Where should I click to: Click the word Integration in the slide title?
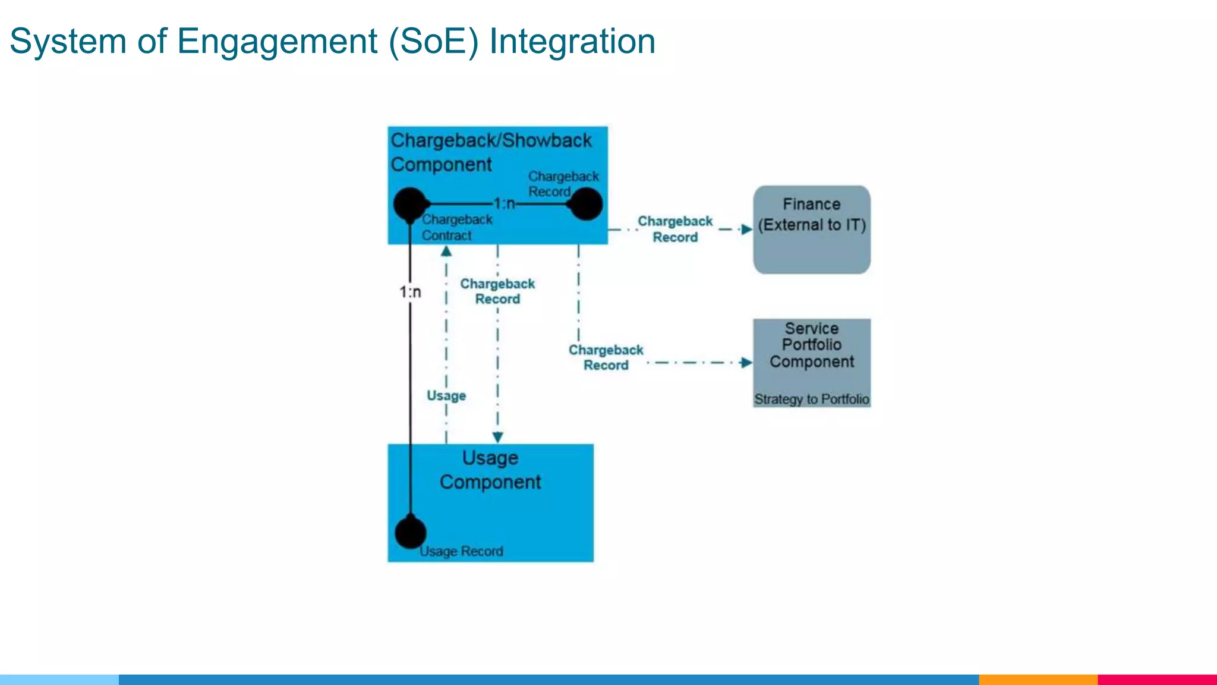click(x=572, y=42)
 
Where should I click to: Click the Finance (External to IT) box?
click(x=812, y=230)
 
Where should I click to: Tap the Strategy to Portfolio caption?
click(x=812, y=399)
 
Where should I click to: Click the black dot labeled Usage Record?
click(x=411, y=532)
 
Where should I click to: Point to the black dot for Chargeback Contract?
click(x=409, y=204)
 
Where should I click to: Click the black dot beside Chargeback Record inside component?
click(x=586, y=204)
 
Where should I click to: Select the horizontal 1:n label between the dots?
click(x=505, y=204)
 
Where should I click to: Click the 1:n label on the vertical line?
click(x=410, y=292)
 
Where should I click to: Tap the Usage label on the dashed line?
click(x=446, y=395)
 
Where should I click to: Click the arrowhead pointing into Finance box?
click(x=747, y=230)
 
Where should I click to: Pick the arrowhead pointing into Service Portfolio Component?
click(x=746, y=363)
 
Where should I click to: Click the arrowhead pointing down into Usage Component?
click(x=498, y=437)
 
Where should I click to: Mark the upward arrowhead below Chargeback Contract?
click(x=446, y=252)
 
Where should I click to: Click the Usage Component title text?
click(x=490, y=470)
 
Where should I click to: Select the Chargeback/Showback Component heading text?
click(x=491, y=152)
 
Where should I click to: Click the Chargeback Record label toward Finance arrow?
click(x=675, y=229)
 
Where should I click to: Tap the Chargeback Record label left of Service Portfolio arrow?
click(x=606, y=357)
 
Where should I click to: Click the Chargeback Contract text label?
click(x=457, y=227)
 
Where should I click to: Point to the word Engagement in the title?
click(x=277, y=42)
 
